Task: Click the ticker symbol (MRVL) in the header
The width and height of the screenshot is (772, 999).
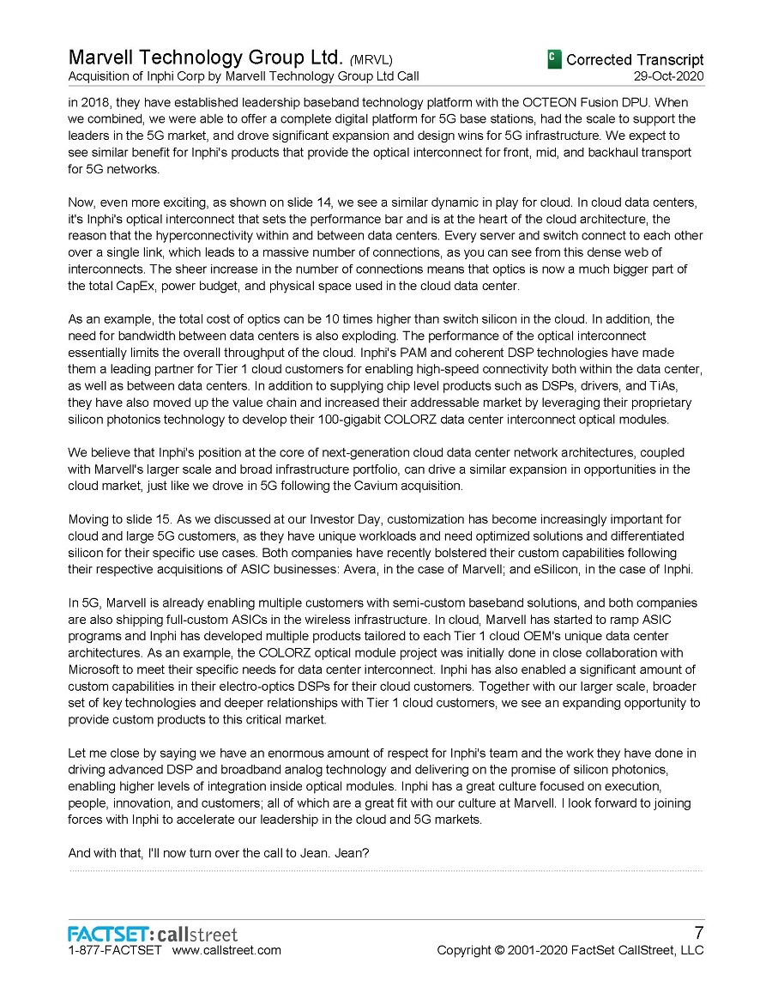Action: click(x=371, y=60)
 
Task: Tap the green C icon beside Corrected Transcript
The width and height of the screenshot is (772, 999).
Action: click(x=554, y=59)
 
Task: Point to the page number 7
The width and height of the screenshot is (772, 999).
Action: click(x=698, y=933)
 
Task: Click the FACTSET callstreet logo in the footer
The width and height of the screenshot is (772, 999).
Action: click(x=153, y=934)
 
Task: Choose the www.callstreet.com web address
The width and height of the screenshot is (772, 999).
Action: click(x=226, y=950)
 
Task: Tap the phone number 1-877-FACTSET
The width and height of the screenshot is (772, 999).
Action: click(x=114, y=950)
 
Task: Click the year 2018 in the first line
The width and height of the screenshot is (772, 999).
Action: click(x=96, y=102)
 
